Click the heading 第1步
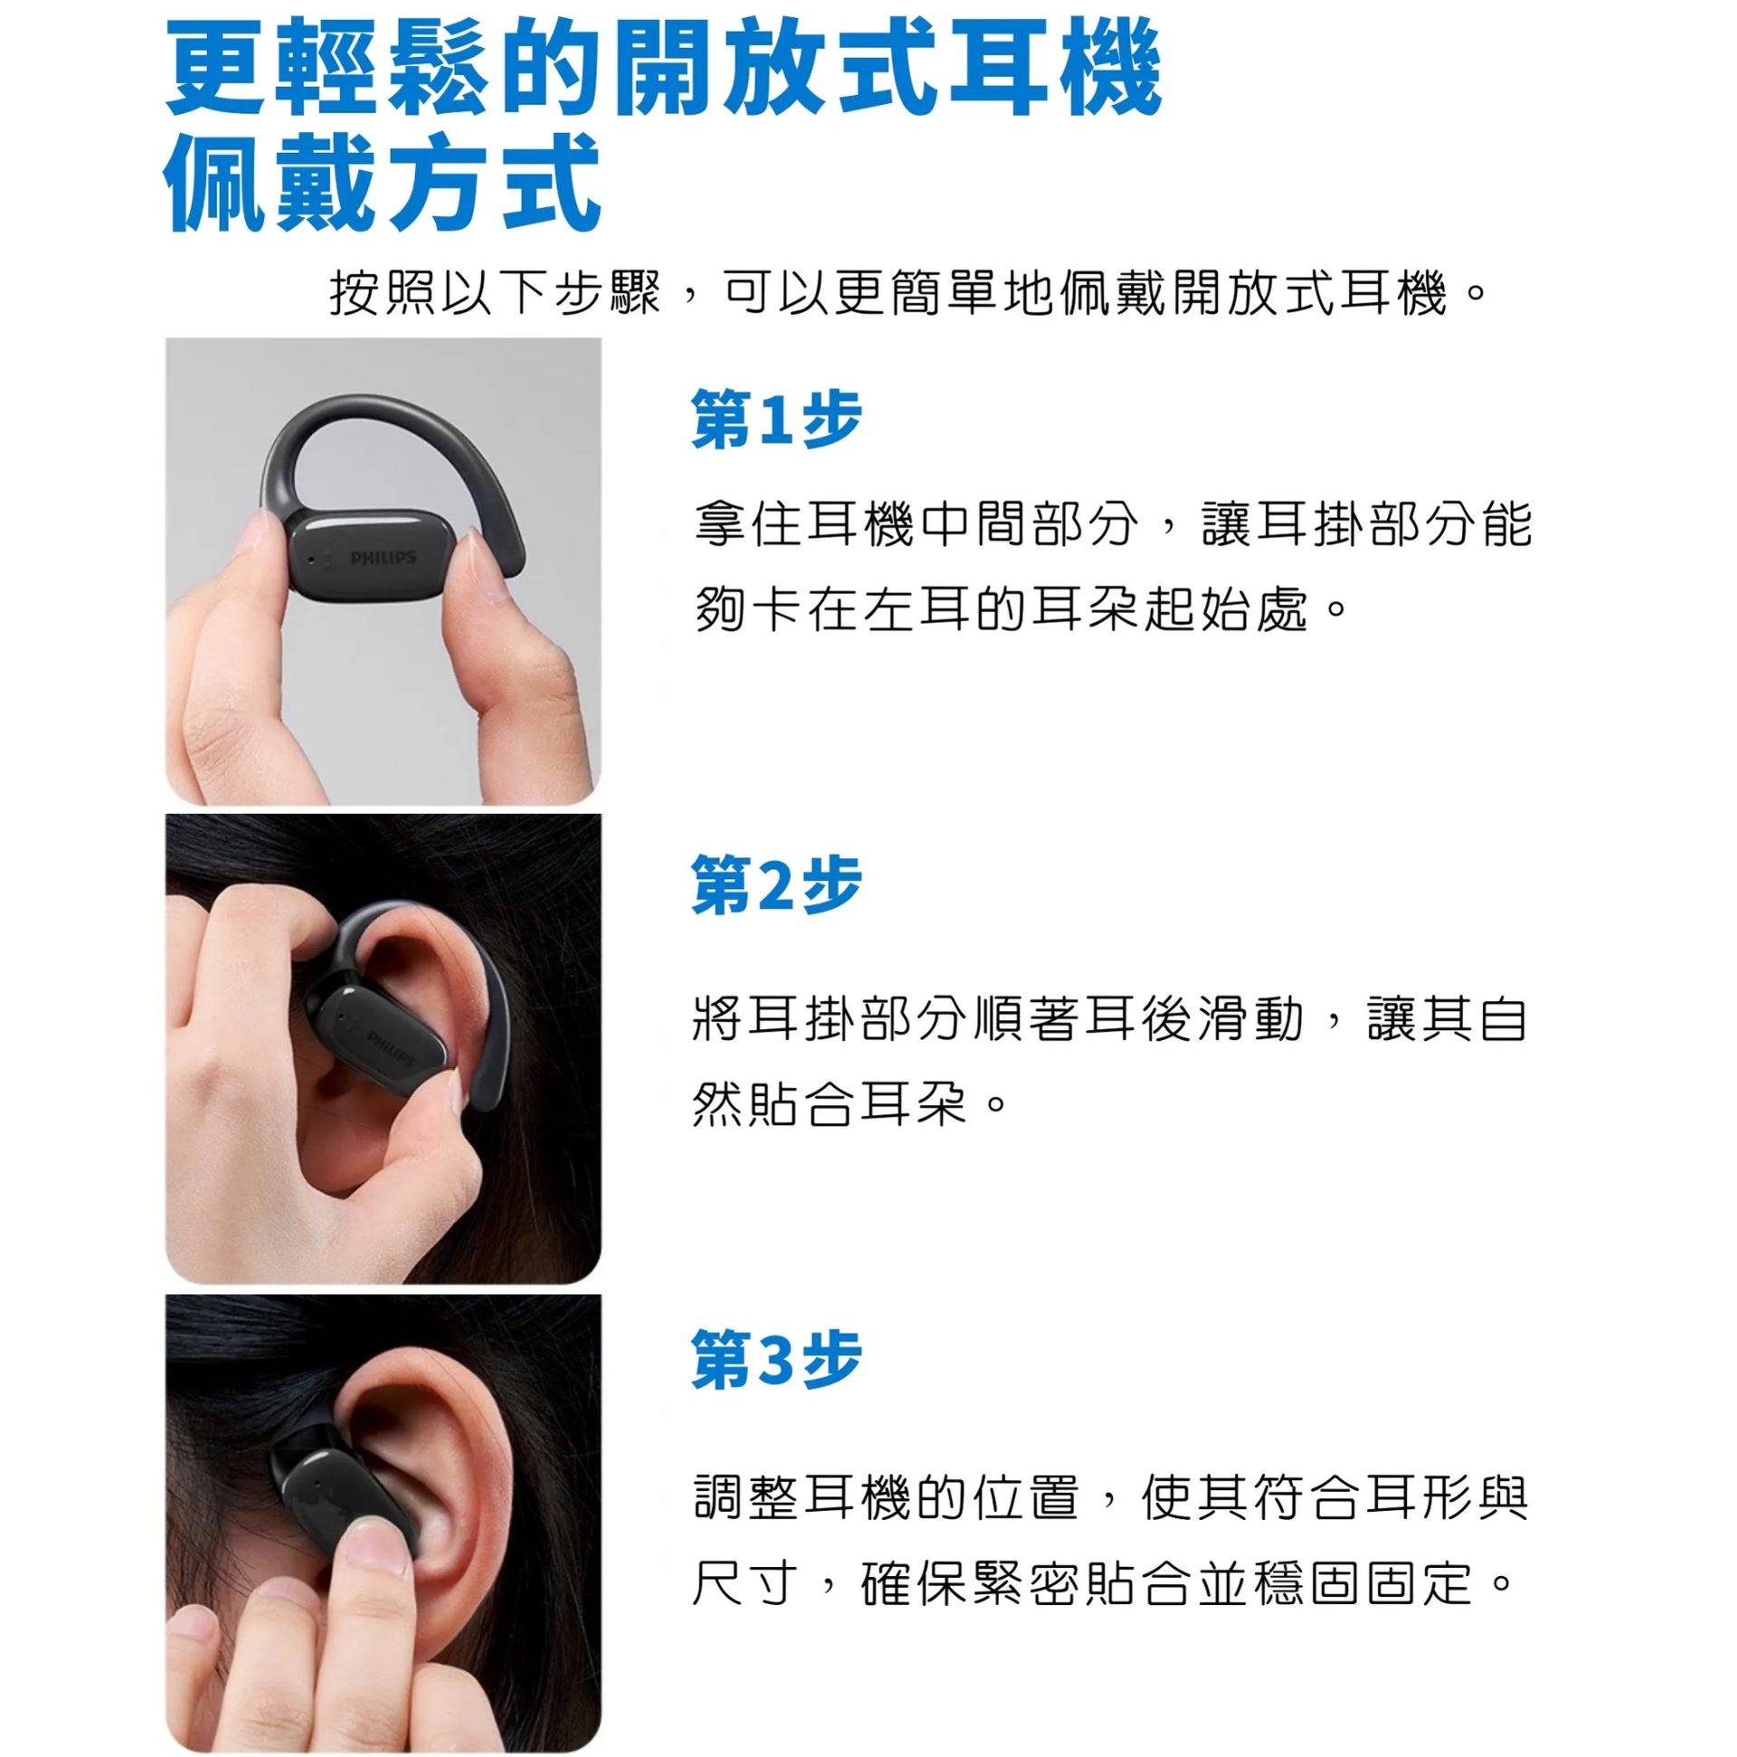[x=775, y=419]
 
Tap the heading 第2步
[x=775, y=885]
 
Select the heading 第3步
[x=775, y=1360]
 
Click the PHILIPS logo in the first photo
[x=383, y=557]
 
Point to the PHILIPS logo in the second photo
[x=391, y=1047]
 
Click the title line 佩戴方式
[x=382, y=182]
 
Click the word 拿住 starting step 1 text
[x=748, y=525]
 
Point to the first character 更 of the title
[x=215, y=68]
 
